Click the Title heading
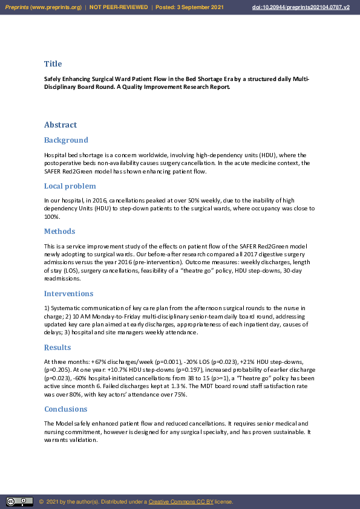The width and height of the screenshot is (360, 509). [x=53, y=63]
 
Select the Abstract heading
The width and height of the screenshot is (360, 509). [x=60, y=125]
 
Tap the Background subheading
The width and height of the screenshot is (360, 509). [x=66, y=140]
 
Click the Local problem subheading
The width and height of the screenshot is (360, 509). [x=70, y=186]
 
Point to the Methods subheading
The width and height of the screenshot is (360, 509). [x=59, y=231]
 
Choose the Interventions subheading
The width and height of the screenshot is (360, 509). [x=68, y=293]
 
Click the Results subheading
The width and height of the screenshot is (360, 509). [x=57, y=348]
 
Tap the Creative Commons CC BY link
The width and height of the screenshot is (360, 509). [x=180, y=502]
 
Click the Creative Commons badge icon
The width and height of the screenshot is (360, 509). [x=19, y=502]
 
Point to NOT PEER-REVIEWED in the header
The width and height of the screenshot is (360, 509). [x=119, y=7]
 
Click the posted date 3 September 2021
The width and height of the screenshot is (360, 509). [x=199, y=7]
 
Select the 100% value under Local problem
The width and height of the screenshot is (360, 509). [x=51, y=216]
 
